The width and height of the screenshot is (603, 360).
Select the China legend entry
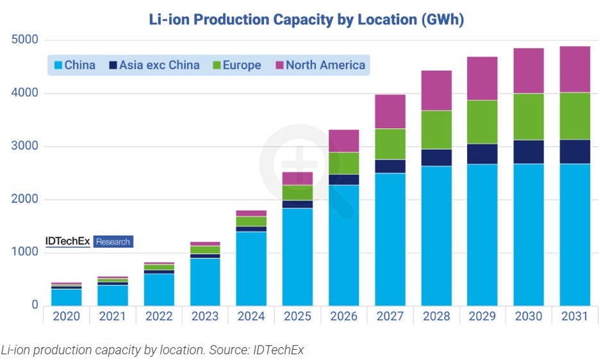74,65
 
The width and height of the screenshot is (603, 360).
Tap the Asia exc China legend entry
154,65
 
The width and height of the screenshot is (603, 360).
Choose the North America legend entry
319,65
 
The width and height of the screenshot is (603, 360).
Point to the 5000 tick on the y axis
25,40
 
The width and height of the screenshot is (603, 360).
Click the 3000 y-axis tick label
25,147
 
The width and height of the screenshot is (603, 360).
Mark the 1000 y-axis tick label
25,252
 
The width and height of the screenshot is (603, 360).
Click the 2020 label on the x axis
66,317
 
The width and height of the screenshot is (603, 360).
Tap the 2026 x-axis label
343,317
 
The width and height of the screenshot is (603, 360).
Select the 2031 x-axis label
575,317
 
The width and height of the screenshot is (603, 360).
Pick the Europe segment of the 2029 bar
483,122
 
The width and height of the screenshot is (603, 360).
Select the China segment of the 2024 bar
251,268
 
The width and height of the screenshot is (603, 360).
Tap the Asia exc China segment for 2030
529,152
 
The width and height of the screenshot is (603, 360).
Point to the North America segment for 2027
390,111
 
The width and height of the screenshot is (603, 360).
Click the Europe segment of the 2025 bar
297,193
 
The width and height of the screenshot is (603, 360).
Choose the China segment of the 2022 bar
158,290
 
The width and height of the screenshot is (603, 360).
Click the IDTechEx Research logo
88,241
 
